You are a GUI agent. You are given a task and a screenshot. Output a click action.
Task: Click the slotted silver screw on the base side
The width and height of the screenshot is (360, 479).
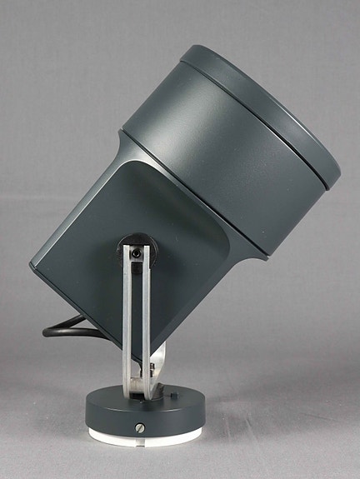click(138, 430)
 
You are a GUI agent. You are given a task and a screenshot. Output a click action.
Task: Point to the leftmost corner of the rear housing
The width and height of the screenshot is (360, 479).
click(32, 264)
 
